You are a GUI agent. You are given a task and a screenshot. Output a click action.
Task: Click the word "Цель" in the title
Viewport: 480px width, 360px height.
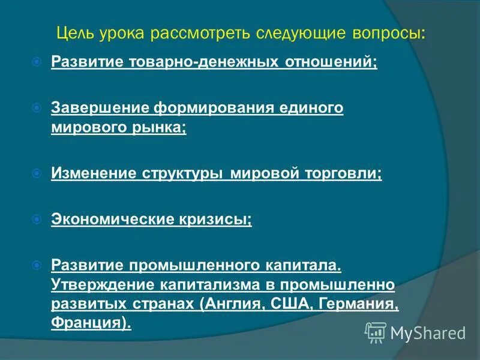(x=74, y=32)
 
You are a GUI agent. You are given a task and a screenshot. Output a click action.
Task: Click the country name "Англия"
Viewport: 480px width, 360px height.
(x=230, y=303)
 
